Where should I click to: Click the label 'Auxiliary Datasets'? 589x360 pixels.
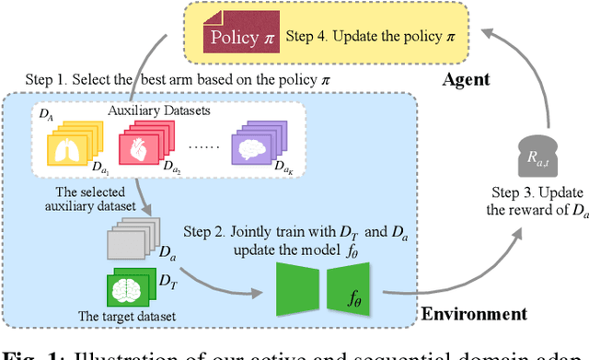coord(159,111)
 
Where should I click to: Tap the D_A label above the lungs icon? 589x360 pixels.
coord(45,112)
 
